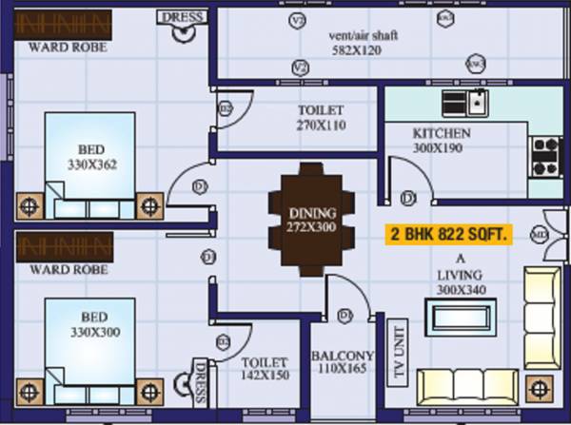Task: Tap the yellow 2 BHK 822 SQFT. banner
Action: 447,234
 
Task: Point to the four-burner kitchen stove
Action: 546,157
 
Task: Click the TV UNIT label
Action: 388,357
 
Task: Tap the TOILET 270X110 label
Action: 321,117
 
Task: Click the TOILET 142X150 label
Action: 264,370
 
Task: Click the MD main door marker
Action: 539,231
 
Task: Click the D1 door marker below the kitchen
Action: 409,198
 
